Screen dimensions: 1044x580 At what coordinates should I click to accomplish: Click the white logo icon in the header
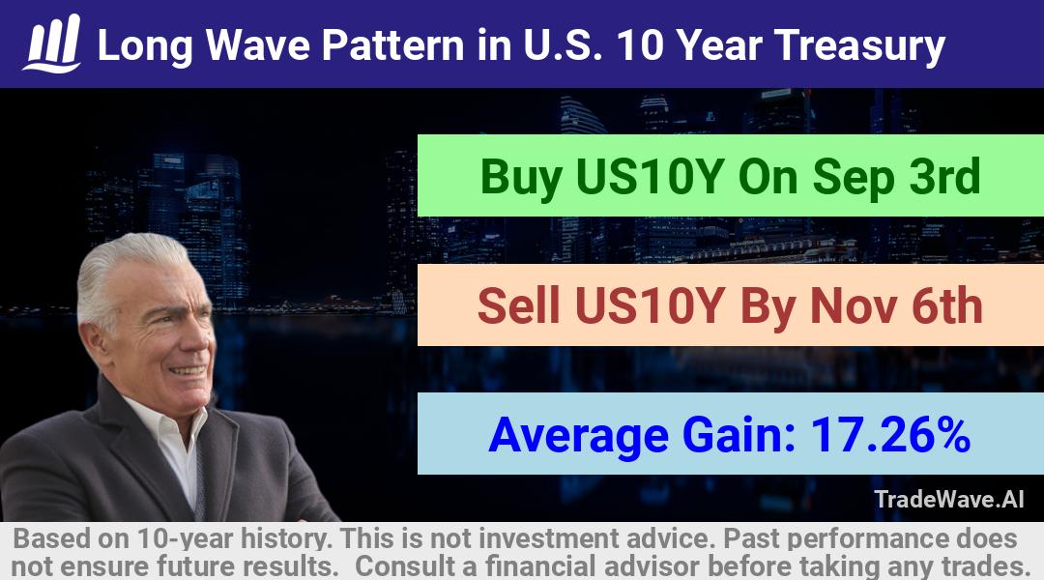pos(52,43)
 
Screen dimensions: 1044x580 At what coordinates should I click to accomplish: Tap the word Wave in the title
pos(258,45)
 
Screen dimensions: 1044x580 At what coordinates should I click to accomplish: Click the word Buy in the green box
pos(521,178)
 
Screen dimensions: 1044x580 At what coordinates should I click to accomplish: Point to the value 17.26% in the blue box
pos(890,434)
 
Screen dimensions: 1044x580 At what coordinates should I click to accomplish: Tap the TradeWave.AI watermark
pos(949,499)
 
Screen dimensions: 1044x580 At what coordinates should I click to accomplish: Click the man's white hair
pos(127,267)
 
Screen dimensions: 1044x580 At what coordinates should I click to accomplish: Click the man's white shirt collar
pos(166,433)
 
